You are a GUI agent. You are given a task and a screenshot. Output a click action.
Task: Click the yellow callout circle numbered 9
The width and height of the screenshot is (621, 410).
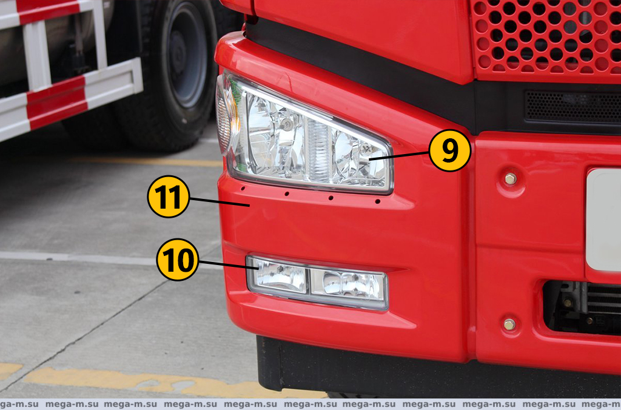coord(449,150)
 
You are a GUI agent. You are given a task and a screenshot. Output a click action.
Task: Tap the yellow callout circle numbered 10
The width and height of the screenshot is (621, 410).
coord(178,260)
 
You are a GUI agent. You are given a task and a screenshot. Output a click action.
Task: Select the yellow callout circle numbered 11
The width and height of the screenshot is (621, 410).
coord(169,197)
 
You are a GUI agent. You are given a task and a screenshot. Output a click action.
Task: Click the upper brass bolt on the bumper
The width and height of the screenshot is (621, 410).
coord(511,179)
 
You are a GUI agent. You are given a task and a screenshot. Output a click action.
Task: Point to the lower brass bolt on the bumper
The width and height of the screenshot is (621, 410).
coord(509,324)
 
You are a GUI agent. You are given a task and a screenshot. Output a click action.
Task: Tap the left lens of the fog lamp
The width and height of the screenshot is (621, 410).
coord(278,275)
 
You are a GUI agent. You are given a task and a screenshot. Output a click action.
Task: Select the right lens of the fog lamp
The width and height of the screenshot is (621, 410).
coord(347,285)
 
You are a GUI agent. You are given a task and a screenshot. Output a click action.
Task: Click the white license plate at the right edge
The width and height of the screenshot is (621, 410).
coord(603,220)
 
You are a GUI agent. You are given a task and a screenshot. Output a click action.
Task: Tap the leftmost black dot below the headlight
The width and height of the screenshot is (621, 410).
coord(243,188)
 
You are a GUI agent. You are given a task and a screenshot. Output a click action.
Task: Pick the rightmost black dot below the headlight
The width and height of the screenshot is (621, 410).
coord(377,201)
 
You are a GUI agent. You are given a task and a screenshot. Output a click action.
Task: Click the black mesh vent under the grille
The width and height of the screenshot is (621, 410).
coord(572,107)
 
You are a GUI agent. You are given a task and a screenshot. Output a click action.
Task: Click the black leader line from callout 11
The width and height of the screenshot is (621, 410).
coord(220,201)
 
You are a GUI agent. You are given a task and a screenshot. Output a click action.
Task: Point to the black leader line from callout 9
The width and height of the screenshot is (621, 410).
coord(399,155)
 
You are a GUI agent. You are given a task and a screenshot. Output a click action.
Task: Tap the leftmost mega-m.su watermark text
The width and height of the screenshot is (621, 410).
coord(19,405)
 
